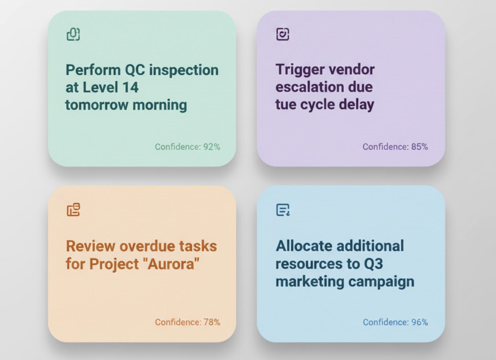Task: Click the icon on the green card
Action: pos(73,34)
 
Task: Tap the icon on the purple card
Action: pos(283,34)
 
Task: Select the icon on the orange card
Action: pos(73,210)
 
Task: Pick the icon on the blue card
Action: pos(283,210)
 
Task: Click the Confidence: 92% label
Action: pos(187,147)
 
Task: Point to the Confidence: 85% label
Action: pos(395,147)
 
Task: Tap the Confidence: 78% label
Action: pos(188,322)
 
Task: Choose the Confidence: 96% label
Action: pos(395,322)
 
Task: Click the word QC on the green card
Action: pos(135,70)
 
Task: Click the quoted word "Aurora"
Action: pos(171,264)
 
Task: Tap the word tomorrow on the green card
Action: pos(97,105)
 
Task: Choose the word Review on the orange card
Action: pos(91,246)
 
